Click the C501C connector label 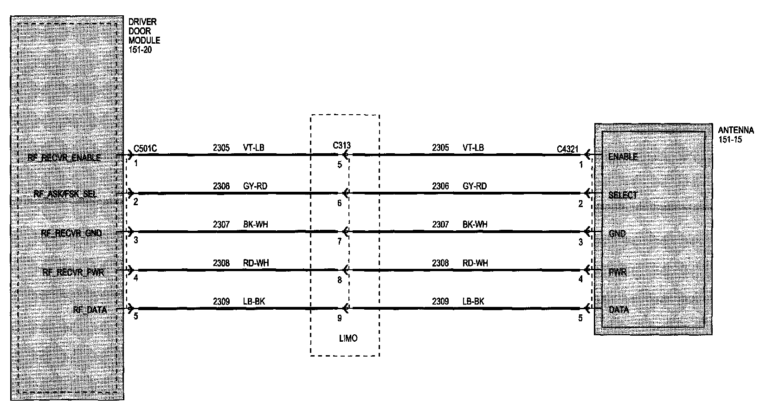145,149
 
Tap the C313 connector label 341,145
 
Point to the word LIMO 348,338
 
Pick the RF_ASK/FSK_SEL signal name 65,195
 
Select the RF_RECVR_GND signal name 71,233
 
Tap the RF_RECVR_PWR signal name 73,272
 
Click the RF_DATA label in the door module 90,310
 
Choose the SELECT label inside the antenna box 623,195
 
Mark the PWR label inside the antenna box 618,272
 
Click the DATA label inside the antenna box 618,310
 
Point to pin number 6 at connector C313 340,203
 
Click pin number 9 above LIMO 340,318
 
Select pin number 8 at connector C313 340,280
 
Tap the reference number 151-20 140,50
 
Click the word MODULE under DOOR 144,40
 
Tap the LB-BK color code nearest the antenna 473,301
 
